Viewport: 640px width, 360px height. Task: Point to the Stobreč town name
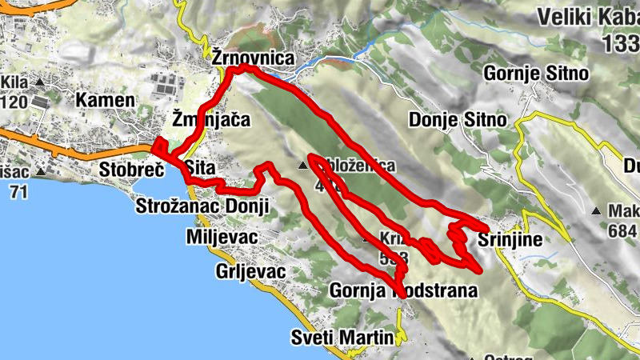point(132,170)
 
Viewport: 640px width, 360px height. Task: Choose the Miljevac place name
point(221,238)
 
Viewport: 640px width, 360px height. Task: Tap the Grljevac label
point(250,271)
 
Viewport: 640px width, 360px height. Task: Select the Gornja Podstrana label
point(403,290)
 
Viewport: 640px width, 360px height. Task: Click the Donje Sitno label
point(457,120)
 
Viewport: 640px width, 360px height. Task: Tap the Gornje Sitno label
point(536,74)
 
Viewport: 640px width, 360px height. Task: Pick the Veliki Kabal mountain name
point(588,17)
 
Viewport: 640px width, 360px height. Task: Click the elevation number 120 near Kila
point(14,102)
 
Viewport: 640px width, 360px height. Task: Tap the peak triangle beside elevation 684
point(595,211)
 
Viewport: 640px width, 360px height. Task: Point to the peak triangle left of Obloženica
point(302,166)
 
